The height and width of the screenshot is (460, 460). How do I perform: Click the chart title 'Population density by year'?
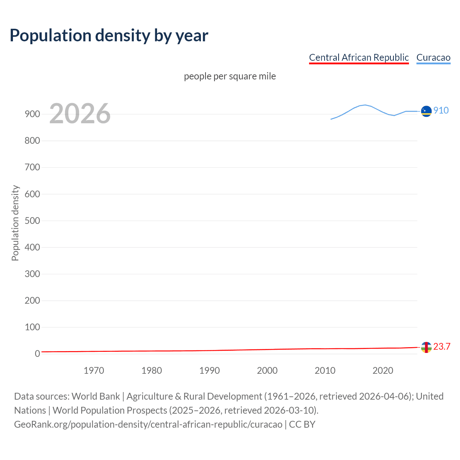click(109, 36)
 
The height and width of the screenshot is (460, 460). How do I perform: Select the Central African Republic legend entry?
click(359, 57)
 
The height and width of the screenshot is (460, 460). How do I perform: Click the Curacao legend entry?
click(433, 57)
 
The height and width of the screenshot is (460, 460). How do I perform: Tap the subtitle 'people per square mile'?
click(230, 76)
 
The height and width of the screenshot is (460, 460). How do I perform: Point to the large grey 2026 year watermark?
click(80, 114)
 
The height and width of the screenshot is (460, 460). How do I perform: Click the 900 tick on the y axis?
click(32, 114)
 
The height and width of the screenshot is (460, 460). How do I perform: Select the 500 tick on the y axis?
click(32, 221)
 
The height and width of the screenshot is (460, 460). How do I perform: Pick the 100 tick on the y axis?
click(32, 327)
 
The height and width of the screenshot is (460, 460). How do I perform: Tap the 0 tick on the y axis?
click(37, 354)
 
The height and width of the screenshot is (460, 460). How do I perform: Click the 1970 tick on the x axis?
click(94, 371)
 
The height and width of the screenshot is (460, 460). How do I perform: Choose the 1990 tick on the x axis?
click(210, 371)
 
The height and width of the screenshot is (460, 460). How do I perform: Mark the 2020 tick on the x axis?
click(383, 371)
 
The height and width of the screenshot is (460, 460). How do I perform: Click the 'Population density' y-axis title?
click(15, 223)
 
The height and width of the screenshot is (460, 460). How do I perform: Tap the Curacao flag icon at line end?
click(426, 111)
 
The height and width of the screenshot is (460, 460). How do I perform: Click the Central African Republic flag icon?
click(426, 347)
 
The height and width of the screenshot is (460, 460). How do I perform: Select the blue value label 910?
click(441, 110)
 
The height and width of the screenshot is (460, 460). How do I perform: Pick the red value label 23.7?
click(442, 346)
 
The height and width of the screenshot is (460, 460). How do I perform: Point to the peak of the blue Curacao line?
click(365, 105)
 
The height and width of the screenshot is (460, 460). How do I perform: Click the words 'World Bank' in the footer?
click(96, 396)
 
